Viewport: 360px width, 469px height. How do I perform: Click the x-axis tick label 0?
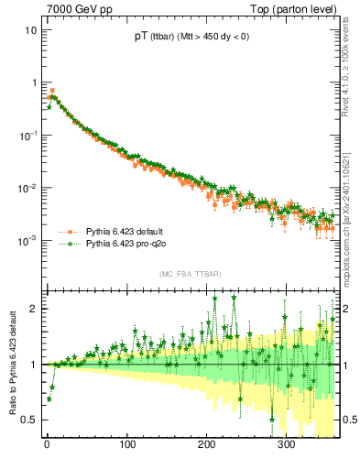tap(47, 444)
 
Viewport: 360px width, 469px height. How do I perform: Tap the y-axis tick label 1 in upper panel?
tap(34, 82)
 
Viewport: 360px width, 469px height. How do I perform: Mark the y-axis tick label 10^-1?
tap(27, 135)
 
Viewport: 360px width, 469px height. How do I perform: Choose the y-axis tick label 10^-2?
tap(27, 188)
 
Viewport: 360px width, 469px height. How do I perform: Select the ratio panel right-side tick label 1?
tap(346, 365)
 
